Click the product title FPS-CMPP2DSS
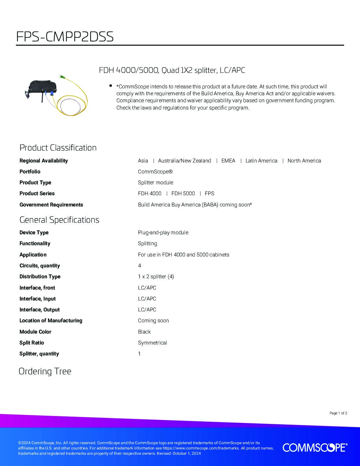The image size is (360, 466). [65, 37]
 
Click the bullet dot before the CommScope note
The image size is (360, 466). [111, 86]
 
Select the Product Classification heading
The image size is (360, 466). [58, 148]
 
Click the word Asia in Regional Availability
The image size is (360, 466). [143, 161]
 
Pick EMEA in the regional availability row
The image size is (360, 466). [228, 161]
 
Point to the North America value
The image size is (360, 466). [304, 161]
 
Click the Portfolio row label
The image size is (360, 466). [30, 171]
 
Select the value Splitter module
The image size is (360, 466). [156, 182]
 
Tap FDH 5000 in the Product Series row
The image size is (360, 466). [183, 193]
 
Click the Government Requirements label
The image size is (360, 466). [51, 205]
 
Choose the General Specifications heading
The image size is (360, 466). [59, 220]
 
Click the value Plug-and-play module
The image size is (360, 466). [163, 232]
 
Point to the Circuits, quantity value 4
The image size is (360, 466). [140, 265]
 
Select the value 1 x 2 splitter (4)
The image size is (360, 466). [156, 276]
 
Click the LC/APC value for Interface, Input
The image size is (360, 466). [147, 299]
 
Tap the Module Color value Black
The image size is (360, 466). [144, 332]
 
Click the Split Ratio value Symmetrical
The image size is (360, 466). [153, 343]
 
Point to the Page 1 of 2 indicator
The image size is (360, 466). [338, 413]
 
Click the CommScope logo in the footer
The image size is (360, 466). [315, 447]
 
